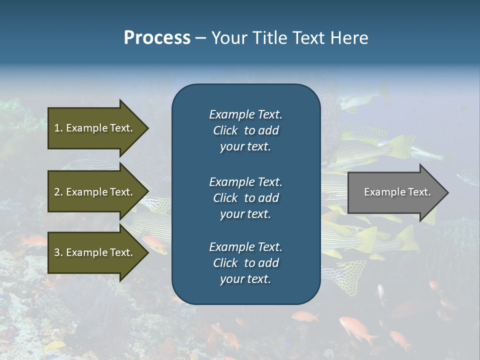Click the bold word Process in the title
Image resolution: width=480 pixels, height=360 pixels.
click(157, 38)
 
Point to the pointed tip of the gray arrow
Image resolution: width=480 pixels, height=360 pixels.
click(446, 192)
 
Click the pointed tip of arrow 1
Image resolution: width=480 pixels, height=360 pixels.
click(146, 128)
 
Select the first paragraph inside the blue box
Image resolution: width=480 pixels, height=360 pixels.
click(245, 130)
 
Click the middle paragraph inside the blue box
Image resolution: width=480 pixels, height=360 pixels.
click(245, 198)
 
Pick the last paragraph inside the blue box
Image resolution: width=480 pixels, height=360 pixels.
click(245, 263)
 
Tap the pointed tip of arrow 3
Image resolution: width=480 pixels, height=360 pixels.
click(146, 252)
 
